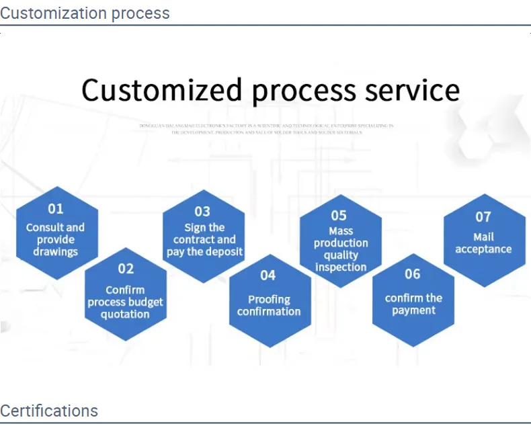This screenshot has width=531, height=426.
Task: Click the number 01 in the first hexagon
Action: tap(55, 209)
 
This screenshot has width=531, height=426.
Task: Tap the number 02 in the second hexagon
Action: tap(126, 269)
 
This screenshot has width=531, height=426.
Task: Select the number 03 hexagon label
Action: tap(202, 212)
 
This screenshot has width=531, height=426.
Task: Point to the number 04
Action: tap(268, 275)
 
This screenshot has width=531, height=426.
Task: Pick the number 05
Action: tap(339, 216)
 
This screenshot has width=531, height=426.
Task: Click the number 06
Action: tap(413, 274)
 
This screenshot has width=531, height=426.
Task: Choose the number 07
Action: tap(483, 217)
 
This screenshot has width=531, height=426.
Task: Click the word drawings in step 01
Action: tap(56, 252)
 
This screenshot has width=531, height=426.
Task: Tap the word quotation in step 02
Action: tap(125, 314)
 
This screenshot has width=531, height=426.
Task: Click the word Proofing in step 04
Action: tap(269, 300)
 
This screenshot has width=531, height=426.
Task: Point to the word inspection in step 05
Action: tap(341, 267)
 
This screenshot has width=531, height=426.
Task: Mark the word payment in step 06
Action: tap(413, 310)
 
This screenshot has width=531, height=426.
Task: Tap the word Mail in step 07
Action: tap(483, 237)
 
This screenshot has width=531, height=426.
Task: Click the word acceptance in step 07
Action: tap(483, 249)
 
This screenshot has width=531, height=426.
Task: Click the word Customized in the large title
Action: tap(161, 90)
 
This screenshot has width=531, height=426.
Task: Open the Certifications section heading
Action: tap(49, 411)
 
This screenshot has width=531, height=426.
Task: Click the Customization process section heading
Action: tap(85, 13)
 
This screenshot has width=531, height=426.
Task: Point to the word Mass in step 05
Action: tap(341, 230)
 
